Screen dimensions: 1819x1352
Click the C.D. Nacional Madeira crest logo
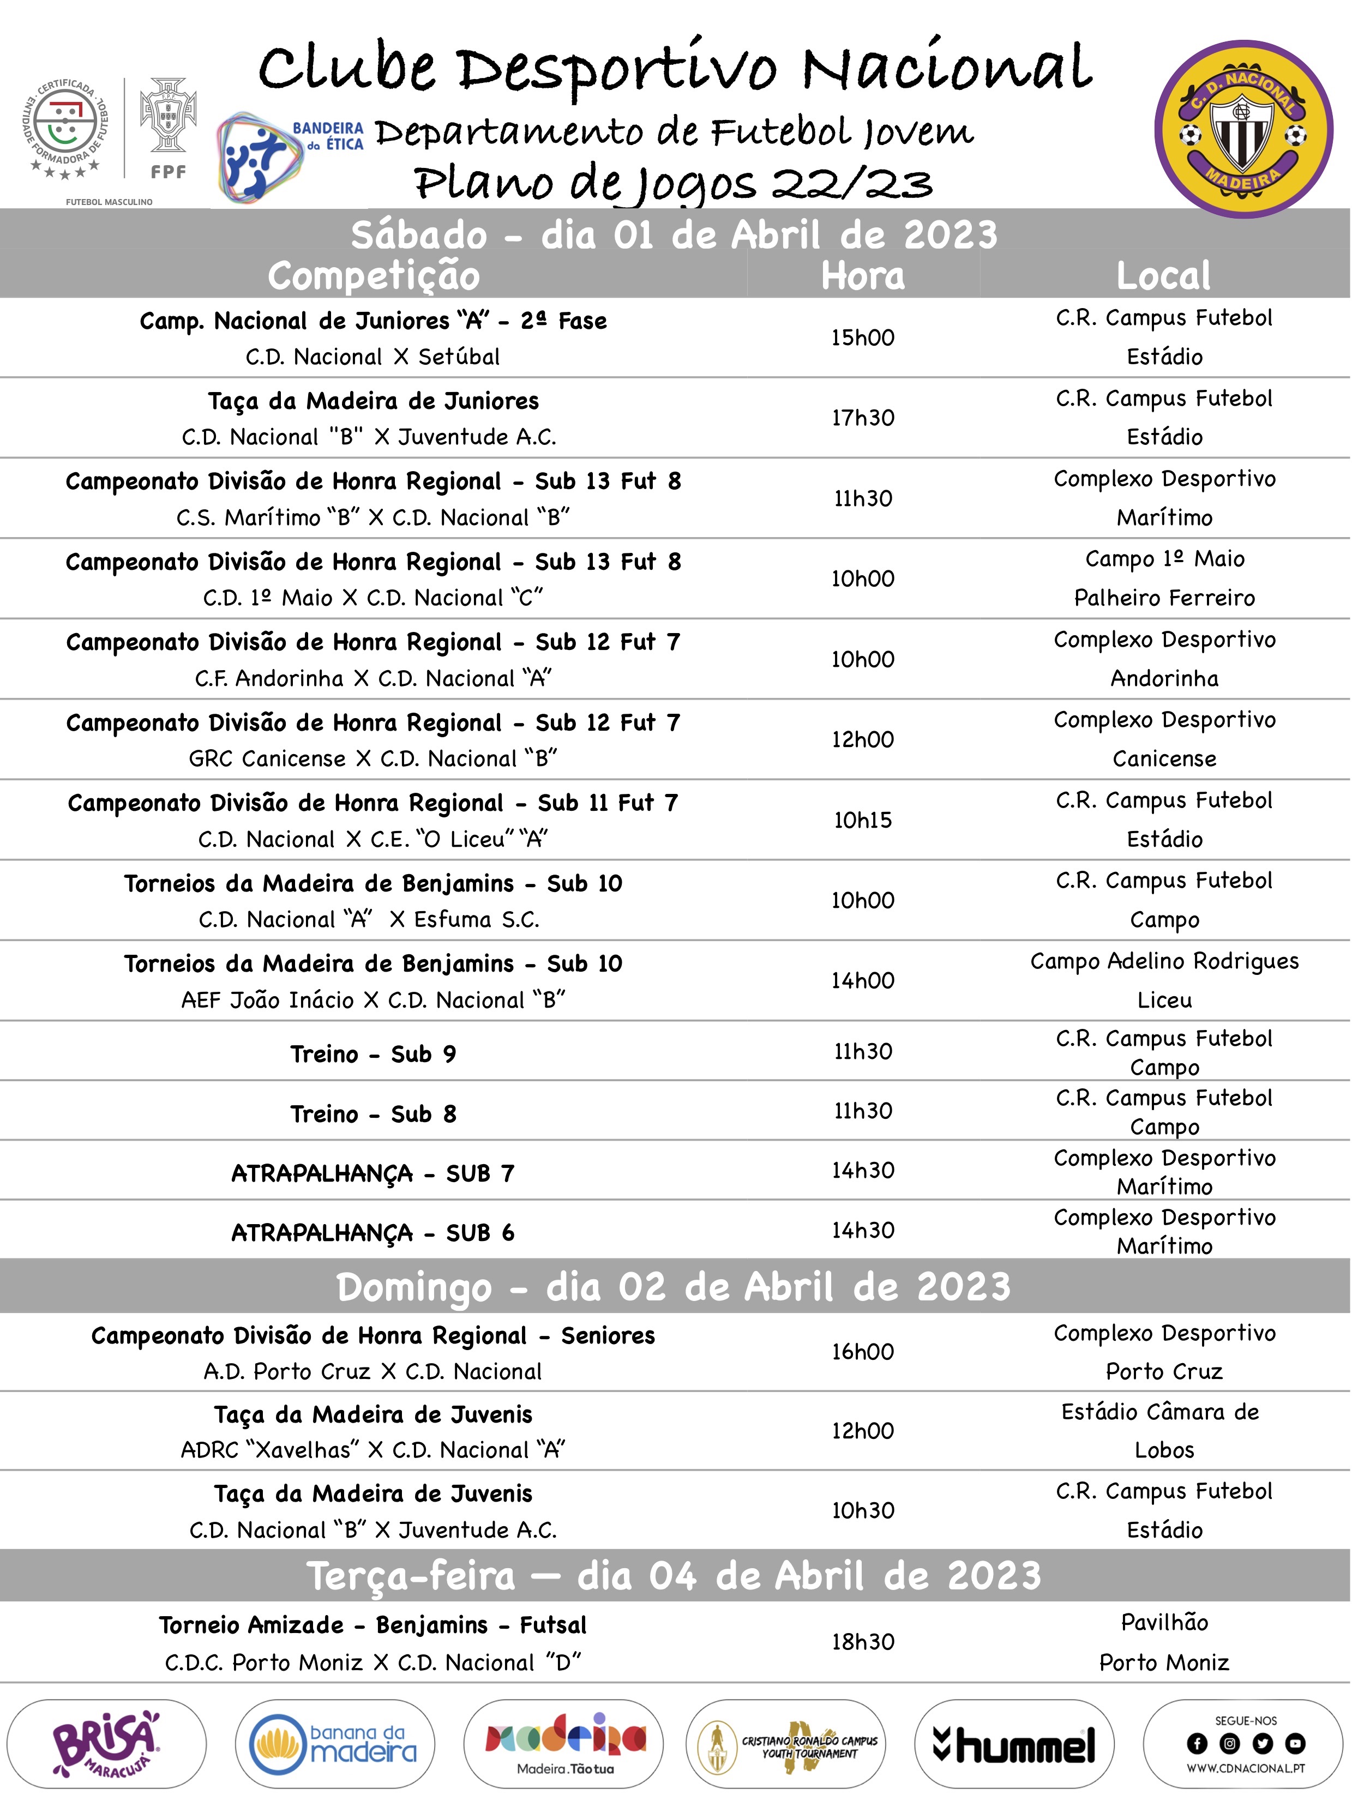tap(1243, 129)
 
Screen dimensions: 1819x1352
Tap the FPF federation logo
tap(169, 127)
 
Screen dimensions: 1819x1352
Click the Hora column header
tap(863, 276)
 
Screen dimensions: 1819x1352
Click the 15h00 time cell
tap(863, 337)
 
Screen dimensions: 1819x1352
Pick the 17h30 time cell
tap(863, 417)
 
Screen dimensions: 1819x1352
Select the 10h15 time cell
tap(863, 820)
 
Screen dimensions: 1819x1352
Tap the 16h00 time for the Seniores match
tap(863, 1351)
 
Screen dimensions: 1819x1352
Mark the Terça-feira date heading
tap(674, 1575)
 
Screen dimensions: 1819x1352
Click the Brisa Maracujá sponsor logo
tap(106, 1744)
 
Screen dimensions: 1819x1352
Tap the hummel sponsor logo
tap(1014, 1744)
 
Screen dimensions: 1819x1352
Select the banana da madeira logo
tap(335, 1744)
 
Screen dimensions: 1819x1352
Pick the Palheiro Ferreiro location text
tap(1164, 598)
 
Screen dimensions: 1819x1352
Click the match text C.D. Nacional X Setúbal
tap(373, 357)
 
